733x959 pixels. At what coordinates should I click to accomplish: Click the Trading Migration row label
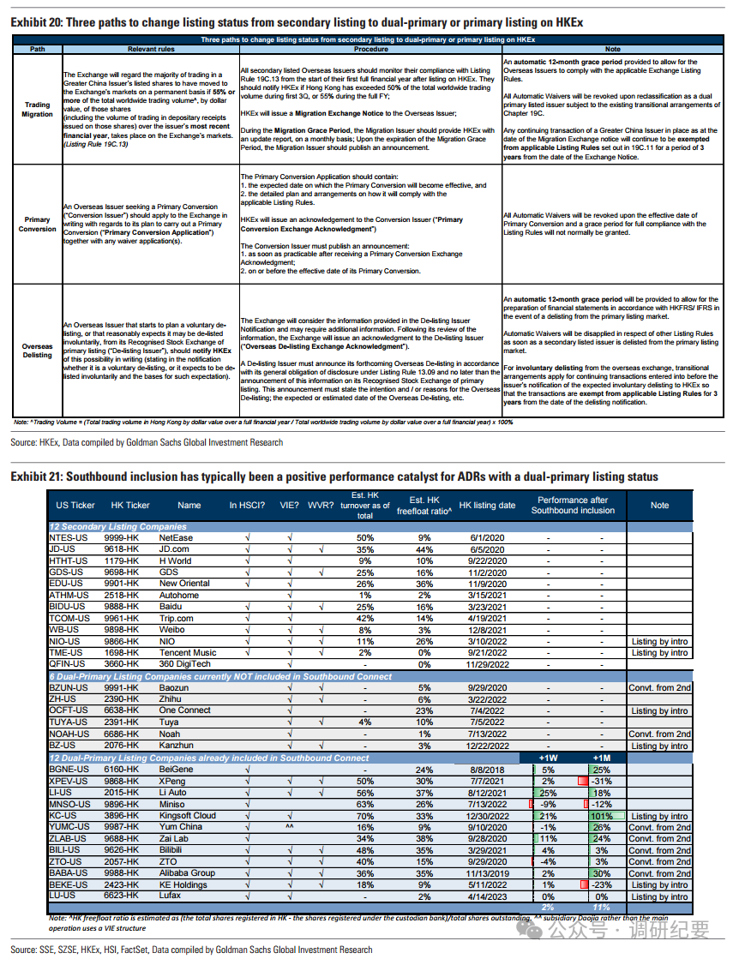[x=38, y=109]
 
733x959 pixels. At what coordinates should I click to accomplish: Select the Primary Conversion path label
[x=38, y=225]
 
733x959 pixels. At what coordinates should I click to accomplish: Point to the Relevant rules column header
[x=150, y=49]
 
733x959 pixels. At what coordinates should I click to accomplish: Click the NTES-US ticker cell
[x=69, y=537]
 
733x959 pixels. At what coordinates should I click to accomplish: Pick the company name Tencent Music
[x=188, y=653]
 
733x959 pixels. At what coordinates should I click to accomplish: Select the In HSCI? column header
[x=246, y=506]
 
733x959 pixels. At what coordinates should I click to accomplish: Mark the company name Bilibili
[x=177, y=850]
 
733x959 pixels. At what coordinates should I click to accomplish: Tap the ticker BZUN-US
[x=69, y=688]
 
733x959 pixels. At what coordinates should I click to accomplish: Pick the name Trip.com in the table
[x=177, y=618]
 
